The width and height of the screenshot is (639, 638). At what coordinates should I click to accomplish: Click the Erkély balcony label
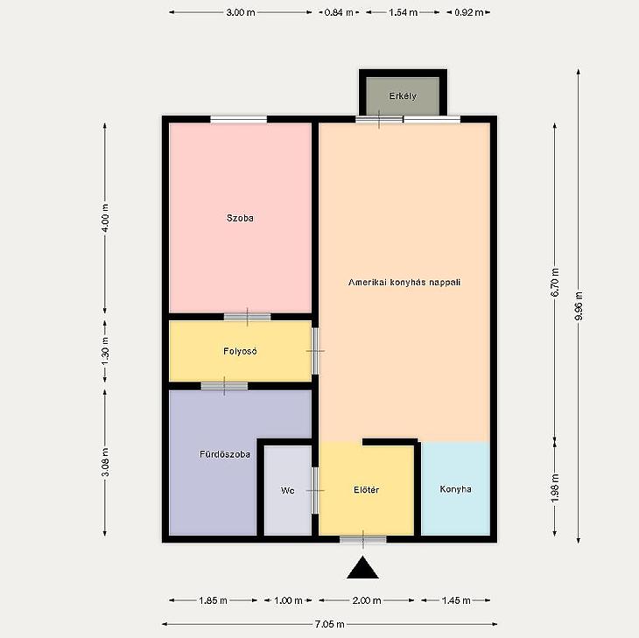(403, 96)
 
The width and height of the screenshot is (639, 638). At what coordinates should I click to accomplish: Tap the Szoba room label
(240, 218)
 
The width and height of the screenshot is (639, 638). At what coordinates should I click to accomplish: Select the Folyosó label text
(240, 351)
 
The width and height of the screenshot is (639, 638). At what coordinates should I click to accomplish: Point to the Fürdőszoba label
(225, 454)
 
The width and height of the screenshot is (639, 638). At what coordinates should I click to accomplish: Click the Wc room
(288, 490)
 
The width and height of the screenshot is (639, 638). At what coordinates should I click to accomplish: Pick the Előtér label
(367, 490)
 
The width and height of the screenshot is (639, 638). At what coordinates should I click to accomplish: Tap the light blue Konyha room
(455, 488)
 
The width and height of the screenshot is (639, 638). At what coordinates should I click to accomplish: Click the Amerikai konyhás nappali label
(404, 282)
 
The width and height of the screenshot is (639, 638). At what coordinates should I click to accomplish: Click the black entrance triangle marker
(362, 568)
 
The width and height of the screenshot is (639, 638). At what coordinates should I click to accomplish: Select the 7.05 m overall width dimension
(329, 624)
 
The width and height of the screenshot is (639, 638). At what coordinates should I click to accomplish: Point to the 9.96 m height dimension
(579, 306)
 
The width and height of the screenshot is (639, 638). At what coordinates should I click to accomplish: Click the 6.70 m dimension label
(555, 282)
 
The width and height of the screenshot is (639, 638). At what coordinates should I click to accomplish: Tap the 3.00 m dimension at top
(241, 12)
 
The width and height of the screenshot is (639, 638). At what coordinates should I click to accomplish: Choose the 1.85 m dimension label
(213, 600)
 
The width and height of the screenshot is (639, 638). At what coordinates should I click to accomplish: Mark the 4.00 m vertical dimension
(105, 218)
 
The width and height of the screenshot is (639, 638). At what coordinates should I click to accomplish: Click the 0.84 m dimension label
(339, 12)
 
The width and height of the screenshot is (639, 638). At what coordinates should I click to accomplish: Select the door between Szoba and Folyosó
(248, 317)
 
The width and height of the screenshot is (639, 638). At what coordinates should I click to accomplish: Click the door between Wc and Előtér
(315, 490)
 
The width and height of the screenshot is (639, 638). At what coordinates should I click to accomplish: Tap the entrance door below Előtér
(363, 540)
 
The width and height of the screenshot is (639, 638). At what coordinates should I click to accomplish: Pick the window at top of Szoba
(239, 119)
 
